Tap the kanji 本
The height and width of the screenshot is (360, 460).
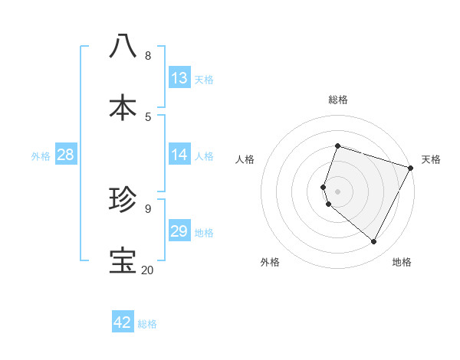tap(123, 108)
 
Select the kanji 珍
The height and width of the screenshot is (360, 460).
tap(123, 201)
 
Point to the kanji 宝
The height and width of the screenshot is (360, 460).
tap(123, 261)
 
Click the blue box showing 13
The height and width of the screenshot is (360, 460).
tap(179, 78)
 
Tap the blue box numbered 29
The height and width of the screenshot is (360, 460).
tap(179, 231)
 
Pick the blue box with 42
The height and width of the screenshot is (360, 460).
tap(123, 323)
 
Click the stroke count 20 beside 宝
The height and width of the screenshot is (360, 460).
tap(147, 270)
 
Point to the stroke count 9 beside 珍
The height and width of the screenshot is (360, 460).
tap(147, 208)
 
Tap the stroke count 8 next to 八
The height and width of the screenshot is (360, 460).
tap(147, 55)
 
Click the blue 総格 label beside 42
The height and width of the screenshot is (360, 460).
tap(147, 324)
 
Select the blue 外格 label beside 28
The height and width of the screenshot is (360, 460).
tap(41, 156)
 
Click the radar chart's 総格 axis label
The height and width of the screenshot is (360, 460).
tap(338, 100)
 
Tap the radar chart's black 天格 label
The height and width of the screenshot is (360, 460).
tap(431, 159)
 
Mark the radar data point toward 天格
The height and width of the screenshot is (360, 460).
tap(411, 168)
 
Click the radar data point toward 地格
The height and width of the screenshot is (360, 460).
tap(374, 242)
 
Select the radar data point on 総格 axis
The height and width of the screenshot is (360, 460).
tap(337, 146)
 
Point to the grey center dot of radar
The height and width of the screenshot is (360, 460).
tap(337, 191)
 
